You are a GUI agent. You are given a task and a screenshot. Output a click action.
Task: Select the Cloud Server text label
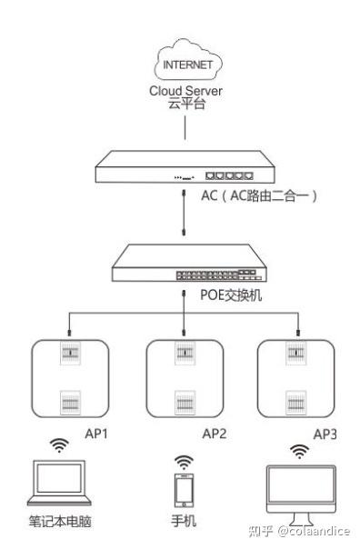click(185, 91)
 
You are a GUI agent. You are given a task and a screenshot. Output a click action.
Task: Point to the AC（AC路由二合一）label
click(258, 195)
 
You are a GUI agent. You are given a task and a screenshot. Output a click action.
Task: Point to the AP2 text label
click(213, 434)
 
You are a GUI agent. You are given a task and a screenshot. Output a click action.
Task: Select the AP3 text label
click(325, 434)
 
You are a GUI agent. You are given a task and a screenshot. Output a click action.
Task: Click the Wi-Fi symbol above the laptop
click(59, 445)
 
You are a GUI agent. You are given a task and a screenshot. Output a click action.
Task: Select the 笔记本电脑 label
click(60, 522)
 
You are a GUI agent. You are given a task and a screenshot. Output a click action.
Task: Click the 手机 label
click(185, 522)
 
